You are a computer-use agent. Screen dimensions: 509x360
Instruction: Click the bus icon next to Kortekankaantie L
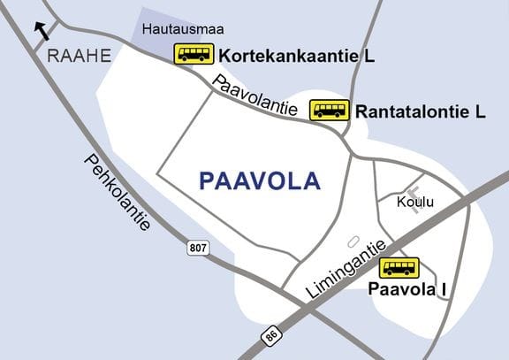pos(193,54)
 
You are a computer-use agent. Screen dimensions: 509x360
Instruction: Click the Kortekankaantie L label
pos(297,56)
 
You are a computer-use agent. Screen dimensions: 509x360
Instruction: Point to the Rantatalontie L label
pos(421,112)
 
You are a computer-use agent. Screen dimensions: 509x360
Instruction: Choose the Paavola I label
pos(408,289)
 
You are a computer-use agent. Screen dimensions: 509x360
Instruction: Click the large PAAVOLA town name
pos(260,181)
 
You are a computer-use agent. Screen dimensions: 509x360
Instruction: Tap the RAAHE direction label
pos(80,56)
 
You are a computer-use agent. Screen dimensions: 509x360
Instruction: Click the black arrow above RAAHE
pos(41,32)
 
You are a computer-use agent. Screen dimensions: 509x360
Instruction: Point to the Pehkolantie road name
pos(118,192)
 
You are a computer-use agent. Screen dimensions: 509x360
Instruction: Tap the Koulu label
pos(415,203)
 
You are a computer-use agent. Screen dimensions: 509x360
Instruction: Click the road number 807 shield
pos(198,249)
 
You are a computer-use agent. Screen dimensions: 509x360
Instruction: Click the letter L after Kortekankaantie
pos(368,56)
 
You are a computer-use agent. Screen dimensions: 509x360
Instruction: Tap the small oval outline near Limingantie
pos(353,241)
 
